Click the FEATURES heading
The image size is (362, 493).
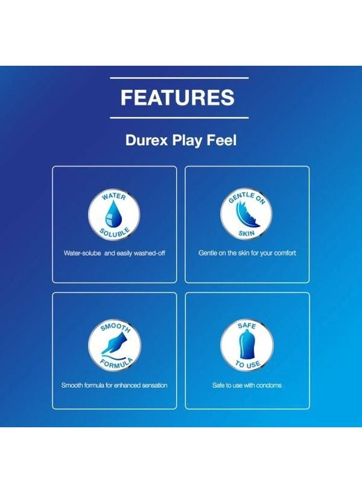178,98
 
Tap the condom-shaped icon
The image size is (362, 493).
247,346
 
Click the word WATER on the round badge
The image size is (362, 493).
114,196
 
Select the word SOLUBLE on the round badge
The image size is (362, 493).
115,232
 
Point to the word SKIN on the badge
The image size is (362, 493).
247,233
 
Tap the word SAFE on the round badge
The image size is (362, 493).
247,326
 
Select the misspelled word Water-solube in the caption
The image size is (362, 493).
82,254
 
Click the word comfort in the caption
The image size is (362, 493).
284,254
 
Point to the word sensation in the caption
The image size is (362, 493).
154,386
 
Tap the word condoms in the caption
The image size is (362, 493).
269,386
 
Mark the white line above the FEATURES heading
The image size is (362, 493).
179,77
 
